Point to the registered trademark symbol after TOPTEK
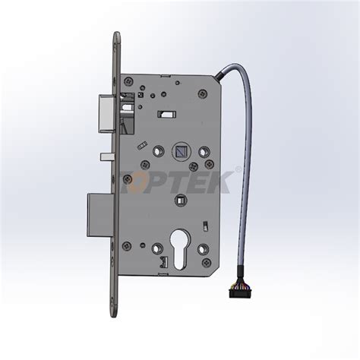click(x=239, y=169)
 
